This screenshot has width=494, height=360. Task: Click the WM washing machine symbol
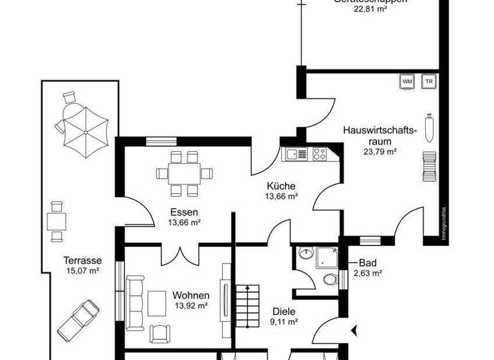click(x=407, y=82)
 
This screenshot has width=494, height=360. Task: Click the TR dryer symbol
click(x=428, y=82)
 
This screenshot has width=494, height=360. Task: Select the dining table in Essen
click(x=183, y=173)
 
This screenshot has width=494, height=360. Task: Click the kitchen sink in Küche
click(x=297, y=154)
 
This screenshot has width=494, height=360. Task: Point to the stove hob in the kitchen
click(x=318, y=154)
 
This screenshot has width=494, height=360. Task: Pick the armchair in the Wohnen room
click(x=160, y=333)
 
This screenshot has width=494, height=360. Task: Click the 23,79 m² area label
click(x=379, y=152)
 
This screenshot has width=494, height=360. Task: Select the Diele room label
click(x=283, y=310)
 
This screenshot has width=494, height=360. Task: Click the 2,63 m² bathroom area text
click(x=368, y=273)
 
